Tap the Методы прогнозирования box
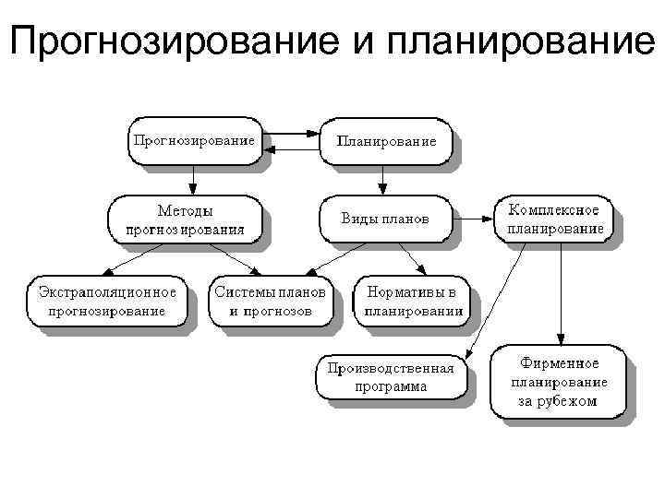point(184,220)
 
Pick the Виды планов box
point(385,220)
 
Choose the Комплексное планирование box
point(554,219)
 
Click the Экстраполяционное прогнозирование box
point(107,301)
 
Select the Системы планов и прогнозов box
point(270,301)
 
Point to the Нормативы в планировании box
point(411,301)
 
